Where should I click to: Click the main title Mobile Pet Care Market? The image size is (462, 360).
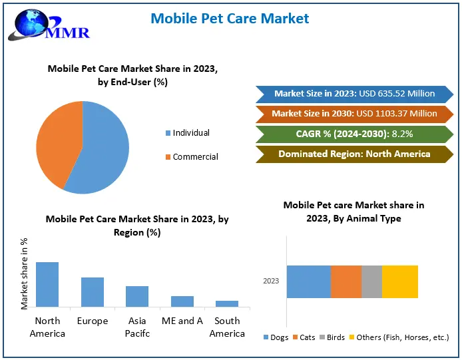click(230, 18)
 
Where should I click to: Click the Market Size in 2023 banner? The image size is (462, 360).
click(353, 94)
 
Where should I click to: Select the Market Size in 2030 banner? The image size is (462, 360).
click(353, 114)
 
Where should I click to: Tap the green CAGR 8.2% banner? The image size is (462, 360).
click(353, 134)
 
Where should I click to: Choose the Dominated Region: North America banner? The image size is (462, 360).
click(353, 154)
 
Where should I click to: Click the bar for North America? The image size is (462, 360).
click(47, 284)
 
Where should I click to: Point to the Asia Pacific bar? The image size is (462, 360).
click(137, 296)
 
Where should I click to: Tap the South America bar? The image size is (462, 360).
click(227, 303)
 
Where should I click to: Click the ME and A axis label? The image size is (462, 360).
click(182, 321)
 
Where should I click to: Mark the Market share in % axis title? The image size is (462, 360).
click(25, 272)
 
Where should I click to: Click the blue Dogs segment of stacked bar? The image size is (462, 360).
click(309, 281)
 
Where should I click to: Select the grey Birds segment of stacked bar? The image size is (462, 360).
click(371, 281)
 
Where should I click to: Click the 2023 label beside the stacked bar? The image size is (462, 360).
click(271, 281)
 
